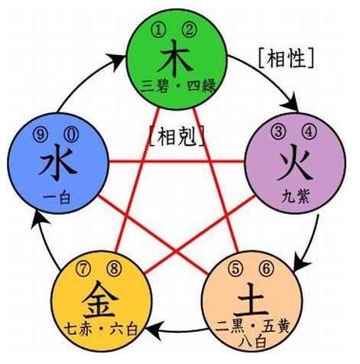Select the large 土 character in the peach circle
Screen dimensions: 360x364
pyautogui.click(x=252, y=303)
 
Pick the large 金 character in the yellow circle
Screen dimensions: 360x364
pyautogui.click(x=100, y=301)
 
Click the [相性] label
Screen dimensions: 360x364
pyautogui.click(x=286, y=59)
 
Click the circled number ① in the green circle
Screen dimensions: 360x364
pyautogui.click(x=159, y=31)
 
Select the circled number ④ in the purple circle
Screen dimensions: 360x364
pyautogui.click(x=310, y=132)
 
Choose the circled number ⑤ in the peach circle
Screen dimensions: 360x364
pyautogui.click(x=236, y=269)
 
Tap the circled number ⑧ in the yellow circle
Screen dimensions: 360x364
pyautogui.click(x=114, y=268)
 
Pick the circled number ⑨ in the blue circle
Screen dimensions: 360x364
pyautogui.click(x=41, y=135)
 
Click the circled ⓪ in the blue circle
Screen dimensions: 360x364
pyautogui.click(x=71, y=135)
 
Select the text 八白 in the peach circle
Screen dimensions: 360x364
pyautogui.click(x=253, y=342)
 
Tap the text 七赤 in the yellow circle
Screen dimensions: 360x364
pyautogui.click(x=77, y=329)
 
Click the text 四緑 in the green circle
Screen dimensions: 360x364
pyautogui.click(x=202, y=86)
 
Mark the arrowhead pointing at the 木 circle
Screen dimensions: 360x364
pyautogui.click(x=117, y=61)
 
